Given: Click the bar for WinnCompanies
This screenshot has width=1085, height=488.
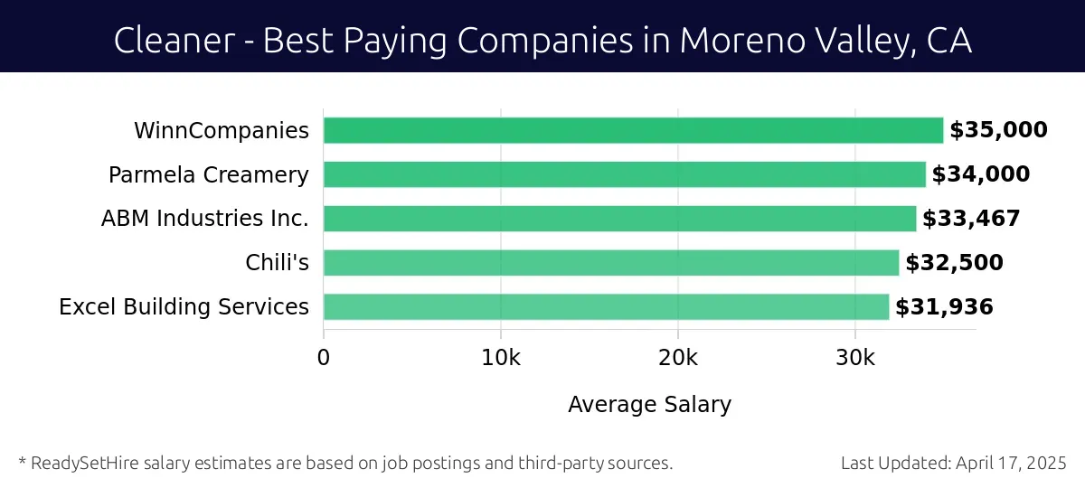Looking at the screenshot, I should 633,130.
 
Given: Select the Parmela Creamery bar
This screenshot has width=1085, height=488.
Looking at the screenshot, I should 624,174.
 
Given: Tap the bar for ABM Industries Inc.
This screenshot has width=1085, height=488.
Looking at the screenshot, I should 619,219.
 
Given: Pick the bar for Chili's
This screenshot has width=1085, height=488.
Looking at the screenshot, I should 611,263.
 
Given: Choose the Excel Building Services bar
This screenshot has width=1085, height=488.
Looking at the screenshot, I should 606,307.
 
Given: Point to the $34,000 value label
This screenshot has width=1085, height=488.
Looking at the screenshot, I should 981,174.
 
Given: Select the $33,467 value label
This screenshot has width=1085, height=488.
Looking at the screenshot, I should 971,219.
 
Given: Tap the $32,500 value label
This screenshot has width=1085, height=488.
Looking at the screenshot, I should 954,263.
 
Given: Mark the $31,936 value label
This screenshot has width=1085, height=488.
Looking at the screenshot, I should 944,307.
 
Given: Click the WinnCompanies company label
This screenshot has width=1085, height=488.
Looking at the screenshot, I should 222,130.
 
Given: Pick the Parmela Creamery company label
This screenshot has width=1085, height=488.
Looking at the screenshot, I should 209,174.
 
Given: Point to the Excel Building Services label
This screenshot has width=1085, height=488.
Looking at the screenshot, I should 184,307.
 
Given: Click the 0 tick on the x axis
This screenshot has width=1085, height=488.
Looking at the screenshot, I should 324,358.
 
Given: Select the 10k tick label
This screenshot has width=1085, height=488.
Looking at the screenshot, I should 501,358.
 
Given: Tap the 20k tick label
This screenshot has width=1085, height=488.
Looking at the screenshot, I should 678,358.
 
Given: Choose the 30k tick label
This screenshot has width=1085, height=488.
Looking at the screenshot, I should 855,358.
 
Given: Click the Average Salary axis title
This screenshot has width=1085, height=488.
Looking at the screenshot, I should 649,405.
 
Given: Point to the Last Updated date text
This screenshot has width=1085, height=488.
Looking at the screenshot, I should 954,463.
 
